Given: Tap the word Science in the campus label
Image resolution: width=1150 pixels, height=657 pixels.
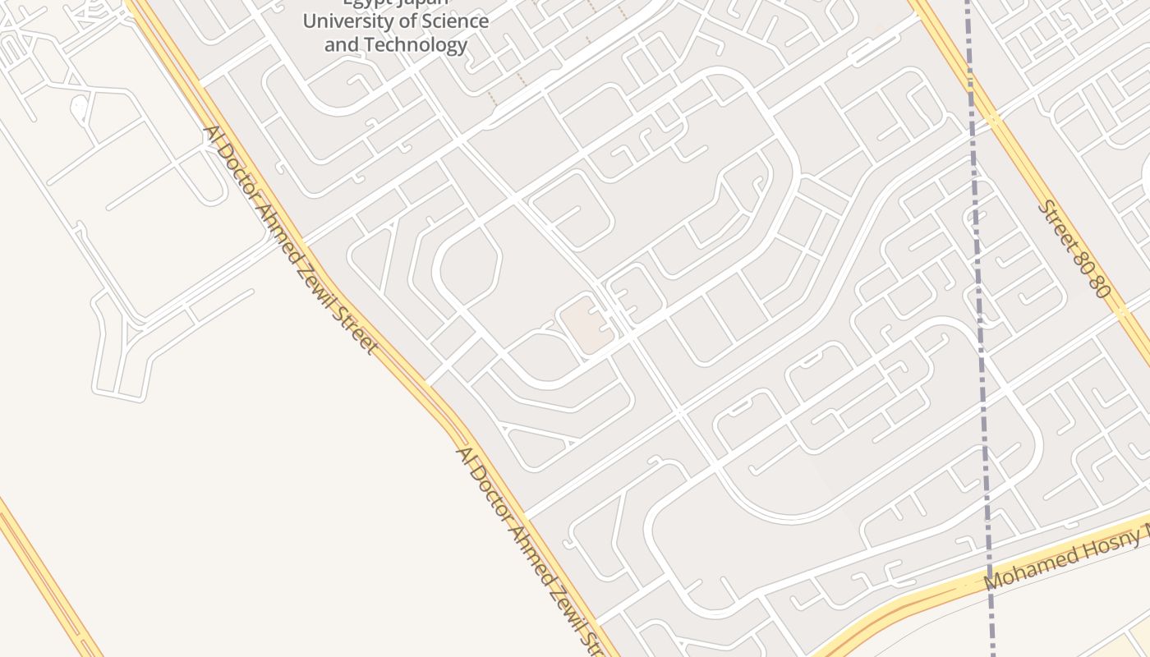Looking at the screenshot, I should [x=454, y=21].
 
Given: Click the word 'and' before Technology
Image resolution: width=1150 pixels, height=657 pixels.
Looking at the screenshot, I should [x=341, y=44].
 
